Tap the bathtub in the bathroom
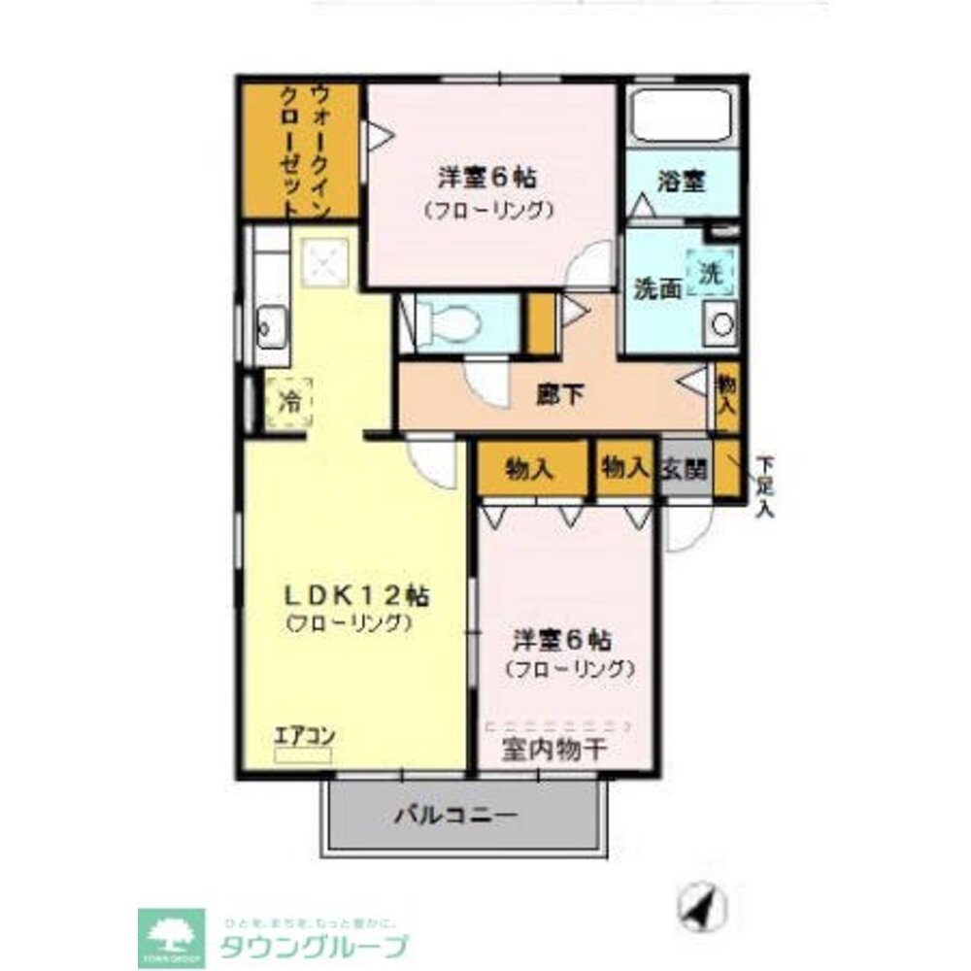tap(681, 117)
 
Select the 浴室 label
tap(681, 181)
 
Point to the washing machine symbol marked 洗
tap(712, 273)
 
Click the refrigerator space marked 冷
tap(289, 401)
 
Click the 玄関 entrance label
tap(685, 469)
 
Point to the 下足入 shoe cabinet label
tap(766, 485)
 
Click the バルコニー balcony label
tap(456, 815)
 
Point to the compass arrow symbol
tap(701, 907)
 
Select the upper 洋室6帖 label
tap(487, 178)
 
